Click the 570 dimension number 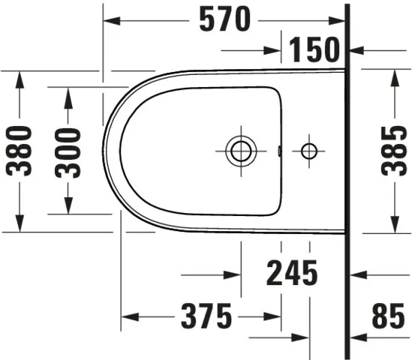click(x=224, y=20)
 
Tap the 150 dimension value click(x=314, y=51)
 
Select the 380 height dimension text click(x=21, y=150)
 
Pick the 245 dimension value click(x=292, y=274)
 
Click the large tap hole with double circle click(x=241, y=151)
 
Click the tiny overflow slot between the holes click(x=279, y=151)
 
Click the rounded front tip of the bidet click(x=105, y=151)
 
